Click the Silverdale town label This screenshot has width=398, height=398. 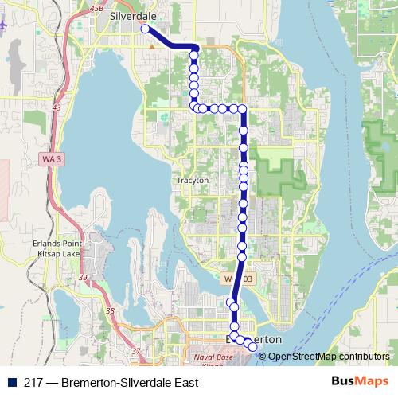[133, 15]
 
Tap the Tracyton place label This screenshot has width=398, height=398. [193, 181]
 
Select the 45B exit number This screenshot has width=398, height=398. [97, 8]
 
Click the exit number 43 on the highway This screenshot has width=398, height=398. [57, 107]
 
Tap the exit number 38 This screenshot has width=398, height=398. [111, 310]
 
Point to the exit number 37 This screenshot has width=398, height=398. [136, 350]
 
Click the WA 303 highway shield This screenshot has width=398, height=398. [236, 279]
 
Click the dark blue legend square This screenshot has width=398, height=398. [13, 382]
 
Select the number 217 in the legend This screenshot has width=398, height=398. [33, 382]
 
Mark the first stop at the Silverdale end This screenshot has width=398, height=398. [145, 29]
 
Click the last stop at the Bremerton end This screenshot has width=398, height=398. [253, 346]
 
